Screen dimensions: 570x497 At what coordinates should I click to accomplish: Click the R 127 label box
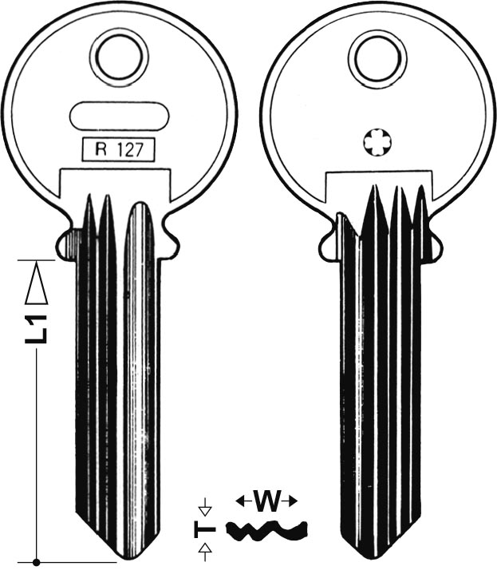coord(119,149)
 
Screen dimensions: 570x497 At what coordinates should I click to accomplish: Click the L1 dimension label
coord(36,328)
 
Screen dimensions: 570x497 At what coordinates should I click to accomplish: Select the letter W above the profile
coord(267,502)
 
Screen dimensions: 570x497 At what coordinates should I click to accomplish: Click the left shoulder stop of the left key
coord(67,240)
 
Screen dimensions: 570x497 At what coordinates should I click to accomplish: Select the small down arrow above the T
coord(206,506)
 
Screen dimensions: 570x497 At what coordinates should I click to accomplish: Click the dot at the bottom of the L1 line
coord(36,563)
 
